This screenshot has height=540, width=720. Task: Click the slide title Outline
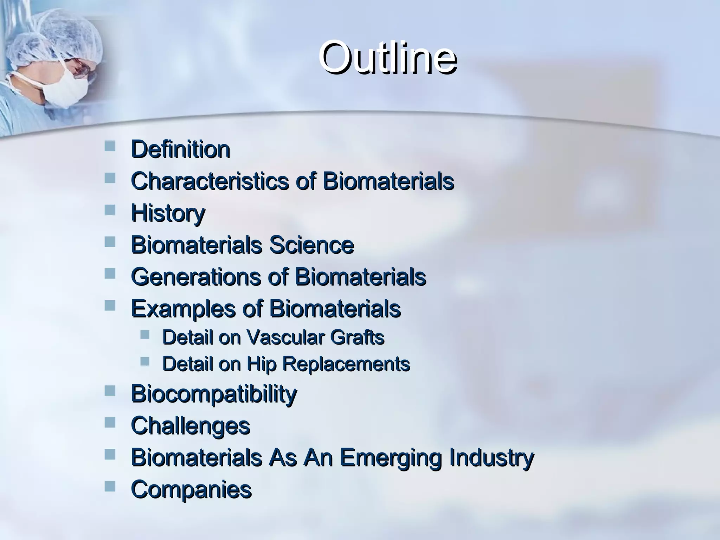[x=387, y=58]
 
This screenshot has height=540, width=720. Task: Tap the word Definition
[x=180, y=149]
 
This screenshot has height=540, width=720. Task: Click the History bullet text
[x=168, y=213]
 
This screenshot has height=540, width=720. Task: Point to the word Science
[x=311, y=245]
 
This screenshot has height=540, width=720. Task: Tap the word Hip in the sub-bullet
[x=262, y=364]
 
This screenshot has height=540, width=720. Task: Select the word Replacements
[x=347, y=364]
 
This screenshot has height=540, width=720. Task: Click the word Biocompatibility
[x=214, y=394]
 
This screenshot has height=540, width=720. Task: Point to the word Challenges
[x=190, y=426]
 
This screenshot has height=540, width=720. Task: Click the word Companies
[x=191, y=489]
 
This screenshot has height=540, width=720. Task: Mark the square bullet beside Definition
[x=110, y=146]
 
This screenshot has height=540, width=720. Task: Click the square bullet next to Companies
[x=110, y=486]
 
